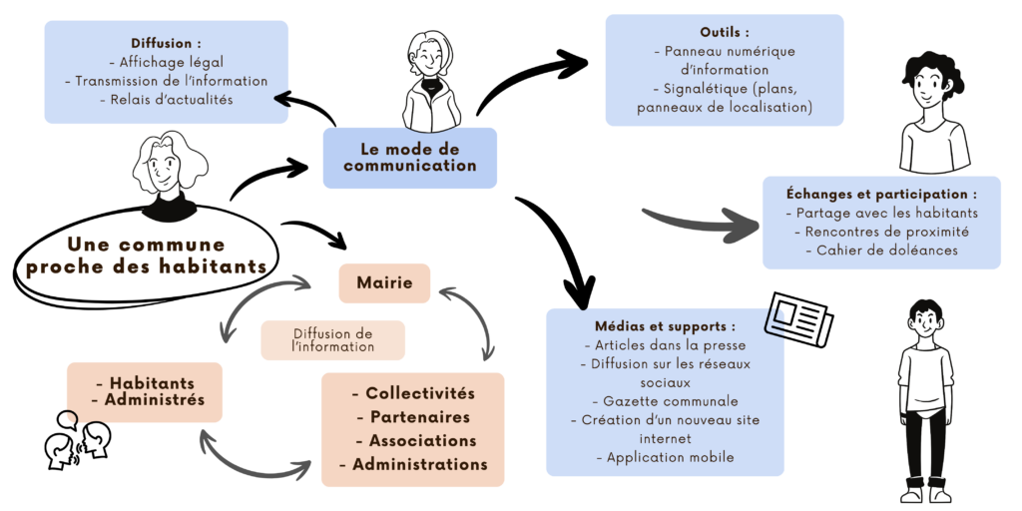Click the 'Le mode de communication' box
pos(409,158)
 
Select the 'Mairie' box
pos(384,283)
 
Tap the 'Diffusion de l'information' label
pos(333,340)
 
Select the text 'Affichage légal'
pos(166,62)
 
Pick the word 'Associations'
pos(422,440)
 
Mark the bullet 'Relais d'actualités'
pos(166,99)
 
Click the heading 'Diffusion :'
pos(166,43)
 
